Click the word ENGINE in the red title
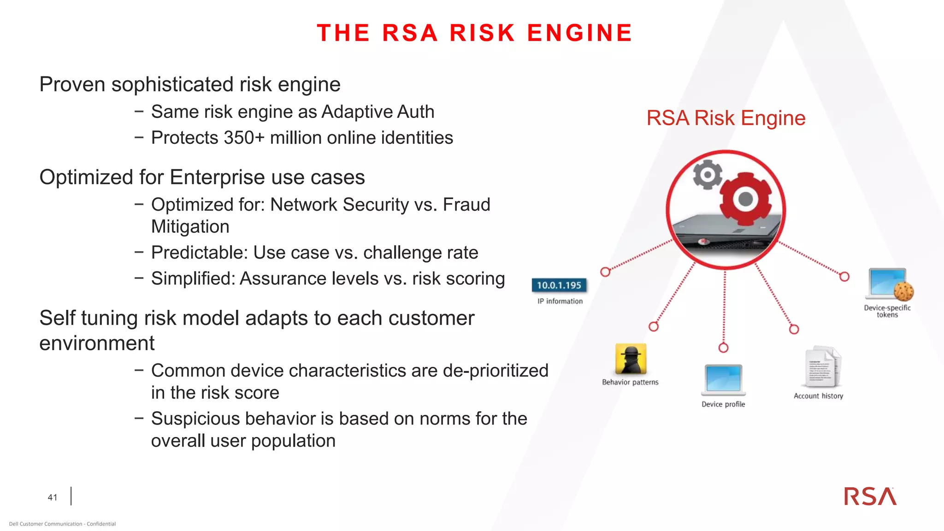point(579,33)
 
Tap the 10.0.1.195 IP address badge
point(559,285)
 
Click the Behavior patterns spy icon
point(631,359)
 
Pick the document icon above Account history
point(823,367)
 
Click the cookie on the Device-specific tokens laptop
point(903,291)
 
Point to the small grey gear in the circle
point(708,175)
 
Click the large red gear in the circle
point(745,199)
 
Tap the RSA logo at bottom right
point(870,496)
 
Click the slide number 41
point(53,497)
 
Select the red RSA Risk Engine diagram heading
point(726,118)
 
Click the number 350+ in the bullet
point(244,138)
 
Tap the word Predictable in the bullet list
point(200,253)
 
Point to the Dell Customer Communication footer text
point(62,524)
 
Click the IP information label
point(560,301)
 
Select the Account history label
point(818,396)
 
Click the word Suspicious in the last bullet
point(194,419)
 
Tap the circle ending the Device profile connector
point(723,348)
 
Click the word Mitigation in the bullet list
point(190,227)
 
